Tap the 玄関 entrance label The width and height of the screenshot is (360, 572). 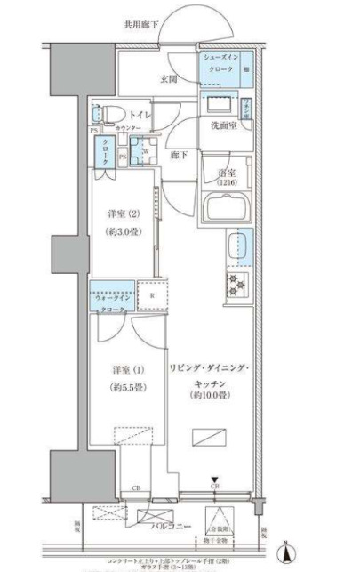[171, 79]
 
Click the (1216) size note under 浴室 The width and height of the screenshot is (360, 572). [227, 182]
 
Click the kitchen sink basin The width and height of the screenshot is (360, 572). [238, 246]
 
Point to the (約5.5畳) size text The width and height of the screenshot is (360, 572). [123, 388]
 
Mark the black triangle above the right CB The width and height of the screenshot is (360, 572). [215, 479]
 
